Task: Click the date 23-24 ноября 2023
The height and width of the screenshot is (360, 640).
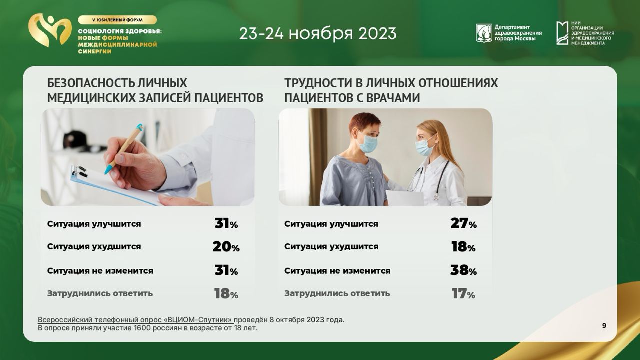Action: (318, 33)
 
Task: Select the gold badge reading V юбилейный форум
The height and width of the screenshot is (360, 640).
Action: (117, 20)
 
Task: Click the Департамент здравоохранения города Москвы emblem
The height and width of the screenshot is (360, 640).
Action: (483, 33)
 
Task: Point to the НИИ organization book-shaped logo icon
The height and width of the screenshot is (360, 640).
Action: (562, 33)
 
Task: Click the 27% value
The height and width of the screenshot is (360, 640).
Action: (463, 223)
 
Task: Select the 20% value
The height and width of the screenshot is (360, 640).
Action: (226, 247)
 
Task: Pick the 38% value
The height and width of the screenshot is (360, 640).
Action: (463, 270)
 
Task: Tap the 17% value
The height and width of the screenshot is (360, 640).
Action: (463, 293)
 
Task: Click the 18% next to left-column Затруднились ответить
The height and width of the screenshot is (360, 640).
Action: (226, 293)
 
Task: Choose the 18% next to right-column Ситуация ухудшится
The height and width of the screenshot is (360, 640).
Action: (463, 247)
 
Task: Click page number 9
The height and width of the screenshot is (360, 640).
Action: (604, 326)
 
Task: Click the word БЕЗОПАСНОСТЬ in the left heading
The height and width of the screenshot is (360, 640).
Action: (91, 83)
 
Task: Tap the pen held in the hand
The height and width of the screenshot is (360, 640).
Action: (124, 149)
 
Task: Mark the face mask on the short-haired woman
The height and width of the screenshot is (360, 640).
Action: (368, 144)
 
